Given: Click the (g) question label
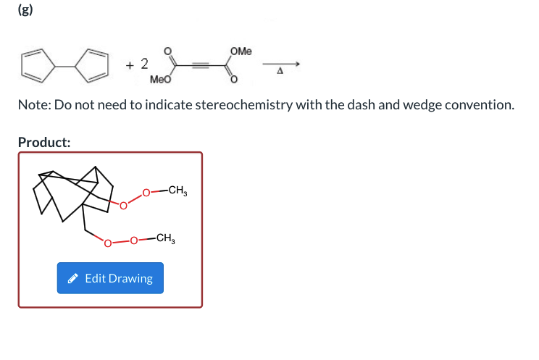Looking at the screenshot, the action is (x=25, y=12).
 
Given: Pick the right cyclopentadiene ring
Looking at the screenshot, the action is (x=96, y=64).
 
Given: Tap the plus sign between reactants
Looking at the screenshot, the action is (x=130, y=65).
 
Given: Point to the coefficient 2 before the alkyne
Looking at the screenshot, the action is (x=143, y=64).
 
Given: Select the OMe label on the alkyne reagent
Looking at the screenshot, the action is (x=242, y=51).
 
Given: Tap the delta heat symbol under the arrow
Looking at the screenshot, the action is (x=279, y=72).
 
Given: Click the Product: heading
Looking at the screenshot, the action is (x=44, y=142).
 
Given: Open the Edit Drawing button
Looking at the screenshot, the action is (x=110, y=278).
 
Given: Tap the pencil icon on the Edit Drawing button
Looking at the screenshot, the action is (x=72, y=278).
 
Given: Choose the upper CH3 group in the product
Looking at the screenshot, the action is (x=177, y=192).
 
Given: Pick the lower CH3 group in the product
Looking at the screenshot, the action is (x=165, y=238).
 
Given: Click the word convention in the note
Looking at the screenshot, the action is (x=479, y=105).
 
